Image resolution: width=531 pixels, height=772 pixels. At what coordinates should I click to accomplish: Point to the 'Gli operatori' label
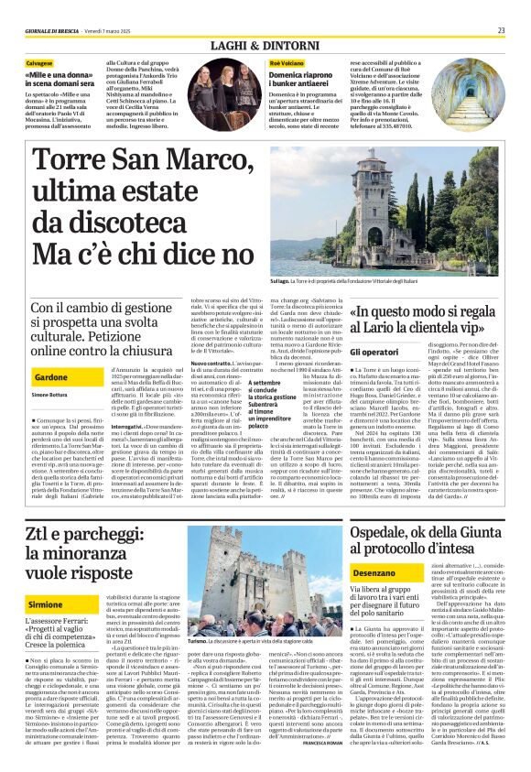tap(374, 352)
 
